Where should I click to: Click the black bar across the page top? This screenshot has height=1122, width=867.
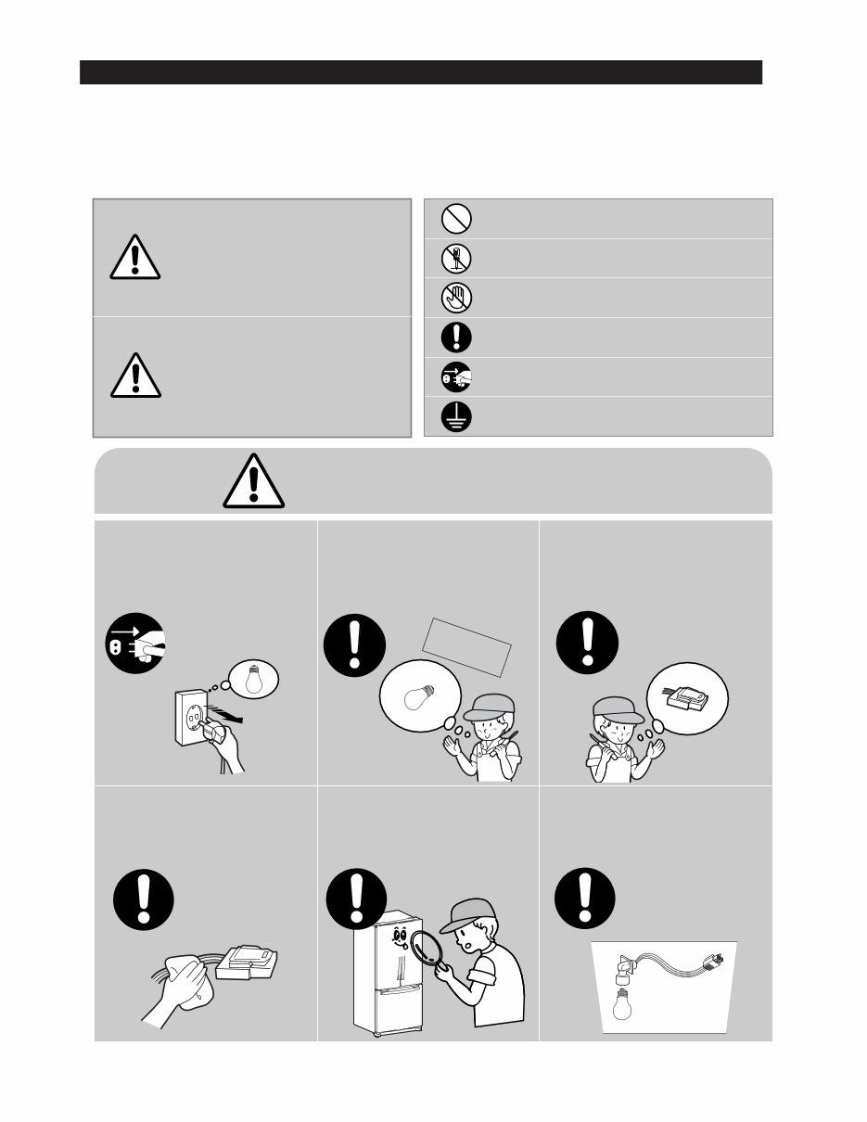pos(420,72)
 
